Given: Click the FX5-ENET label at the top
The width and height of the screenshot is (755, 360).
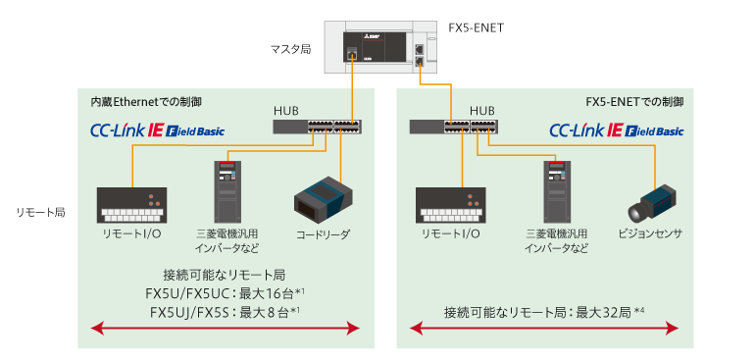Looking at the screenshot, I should pos(471,27).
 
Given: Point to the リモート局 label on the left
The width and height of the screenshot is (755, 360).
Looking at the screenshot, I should pos(40,211).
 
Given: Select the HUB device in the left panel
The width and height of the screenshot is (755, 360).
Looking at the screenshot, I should pos(317,126).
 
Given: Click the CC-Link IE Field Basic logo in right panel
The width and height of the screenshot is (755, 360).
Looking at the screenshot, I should pos(616,129).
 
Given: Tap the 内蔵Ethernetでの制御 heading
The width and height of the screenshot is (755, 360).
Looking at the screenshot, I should pos(146,101).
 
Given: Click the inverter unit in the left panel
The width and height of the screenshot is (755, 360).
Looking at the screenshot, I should pos(227,190).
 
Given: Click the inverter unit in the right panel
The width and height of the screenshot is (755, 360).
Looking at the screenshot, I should pos(557,190).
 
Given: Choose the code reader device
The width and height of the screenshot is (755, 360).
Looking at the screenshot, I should pos(323,198).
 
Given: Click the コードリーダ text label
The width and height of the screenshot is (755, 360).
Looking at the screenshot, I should pos(323,234).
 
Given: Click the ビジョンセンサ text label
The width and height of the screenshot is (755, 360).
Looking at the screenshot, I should pos(650,234).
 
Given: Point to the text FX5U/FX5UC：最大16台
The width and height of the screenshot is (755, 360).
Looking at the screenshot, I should pos(226,293).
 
